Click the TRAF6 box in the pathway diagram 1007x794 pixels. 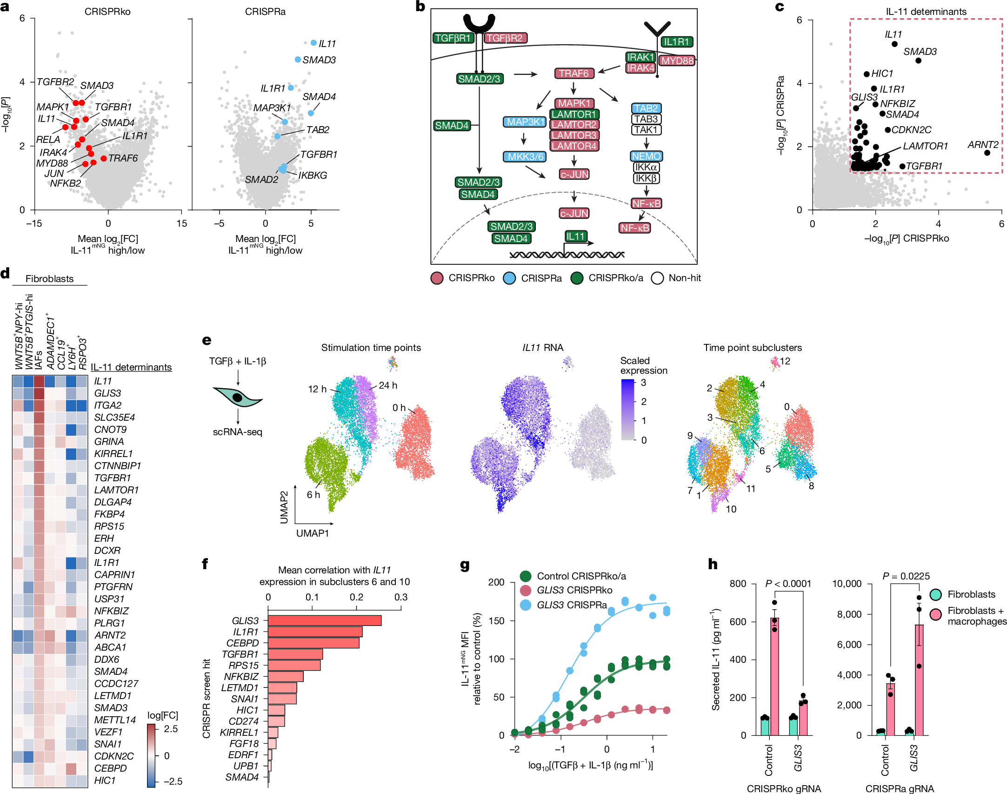574,73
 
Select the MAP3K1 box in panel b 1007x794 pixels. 525,122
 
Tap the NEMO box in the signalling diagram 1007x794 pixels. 646,156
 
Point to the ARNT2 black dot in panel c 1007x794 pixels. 987,153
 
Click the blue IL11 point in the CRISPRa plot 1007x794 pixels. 313,43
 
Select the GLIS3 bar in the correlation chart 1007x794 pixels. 325,620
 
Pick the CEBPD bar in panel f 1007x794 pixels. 313,643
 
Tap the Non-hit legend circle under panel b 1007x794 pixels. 657,278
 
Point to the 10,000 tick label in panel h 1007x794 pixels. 847,584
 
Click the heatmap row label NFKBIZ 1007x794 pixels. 111,611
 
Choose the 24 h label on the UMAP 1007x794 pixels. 388,385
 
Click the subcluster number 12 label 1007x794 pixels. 785,361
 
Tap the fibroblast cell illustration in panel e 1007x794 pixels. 238,397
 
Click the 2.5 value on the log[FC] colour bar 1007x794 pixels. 171,729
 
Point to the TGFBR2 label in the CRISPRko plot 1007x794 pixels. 55,82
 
